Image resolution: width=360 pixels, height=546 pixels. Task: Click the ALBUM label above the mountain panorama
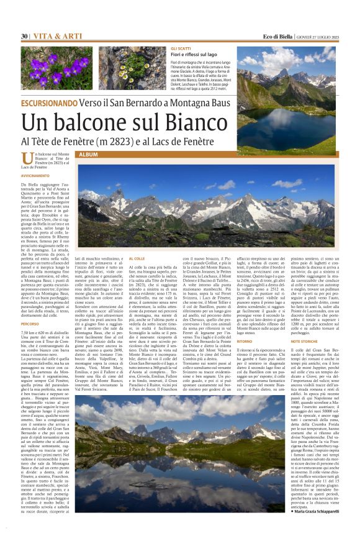[x=88, y=154]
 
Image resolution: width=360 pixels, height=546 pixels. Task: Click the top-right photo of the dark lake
[x=297, y=99]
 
